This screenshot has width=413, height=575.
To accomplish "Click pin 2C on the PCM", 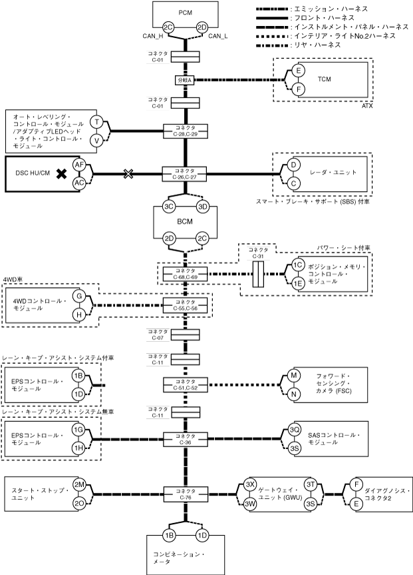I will click(x=168, y=27).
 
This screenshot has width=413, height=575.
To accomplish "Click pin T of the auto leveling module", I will click(x=96, y=122).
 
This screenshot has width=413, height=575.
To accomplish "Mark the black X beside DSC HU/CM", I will click(x=62, y=174).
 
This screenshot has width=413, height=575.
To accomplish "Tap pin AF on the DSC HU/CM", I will click(x=79, y=165).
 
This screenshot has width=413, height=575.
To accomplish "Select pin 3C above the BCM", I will click(x=168, y=207).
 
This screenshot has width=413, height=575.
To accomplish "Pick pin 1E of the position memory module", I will click(x=299, y=283).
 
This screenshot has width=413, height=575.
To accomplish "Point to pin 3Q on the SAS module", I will click(x=295, y=430).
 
